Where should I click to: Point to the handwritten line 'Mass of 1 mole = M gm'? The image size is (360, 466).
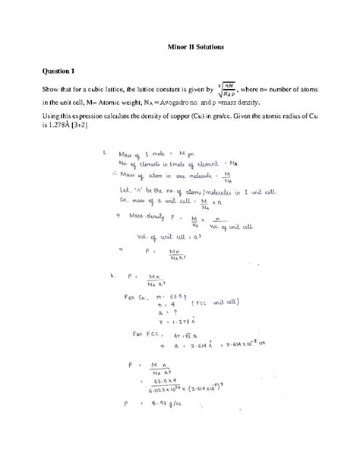152,155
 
